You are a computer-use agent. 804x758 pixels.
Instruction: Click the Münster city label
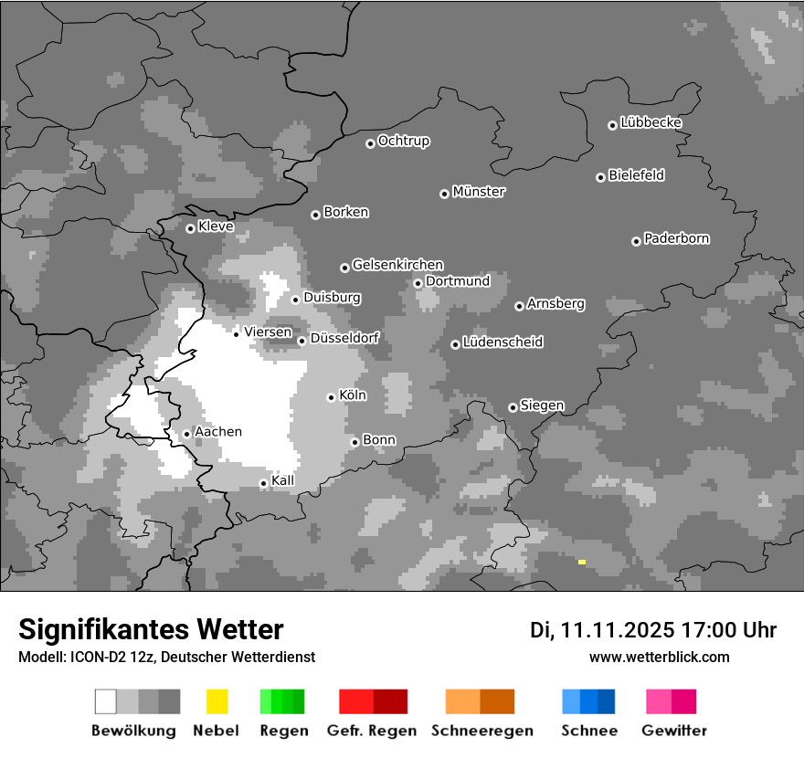point(479,192)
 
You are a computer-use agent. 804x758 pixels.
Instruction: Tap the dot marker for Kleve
point(190,228)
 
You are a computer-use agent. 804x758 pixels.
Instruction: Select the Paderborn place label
point(676,238)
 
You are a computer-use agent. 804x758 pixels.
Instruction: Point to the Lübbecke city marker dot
point(612,125)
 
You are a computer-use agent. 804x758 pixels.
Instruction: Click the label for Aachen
point(218,431)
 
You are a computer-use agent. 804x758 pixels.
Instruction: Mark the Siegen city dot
point(513,407)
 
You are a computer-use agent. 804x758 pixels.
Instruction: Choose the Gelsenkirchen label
point(397,265)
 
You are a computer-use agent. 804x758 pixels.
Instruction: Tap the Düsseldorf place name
point(344,338)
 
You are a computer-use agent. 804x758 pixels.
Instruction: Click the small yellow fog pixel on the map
point(582,562)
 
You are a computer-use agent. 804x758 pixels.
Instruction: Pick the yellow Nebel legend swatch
point(217,701)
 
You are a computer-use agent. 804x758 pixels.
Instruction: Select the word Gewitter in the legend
point(674,731)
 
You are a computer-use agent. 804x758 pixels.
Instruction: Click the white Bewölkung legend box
point(106,701)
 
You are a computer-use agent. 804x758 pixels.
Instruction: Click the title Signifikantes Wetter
point(151,629)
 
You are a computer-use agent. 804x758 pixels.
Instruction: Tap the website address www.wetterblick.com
point(660,657)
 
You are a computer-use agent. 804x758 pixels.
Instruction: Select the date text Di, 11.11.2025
point(601,630)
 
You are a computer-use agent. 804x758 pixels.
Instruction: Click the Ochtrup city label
point(403,141)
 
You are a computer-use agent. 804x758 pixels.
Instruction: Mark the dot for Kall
point(263,483)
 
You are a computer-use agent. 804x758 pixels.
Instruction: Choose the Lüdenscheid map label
point(503,342)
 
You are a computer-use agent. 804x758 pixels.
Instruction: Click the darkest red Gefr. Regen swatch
point(390,701)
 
